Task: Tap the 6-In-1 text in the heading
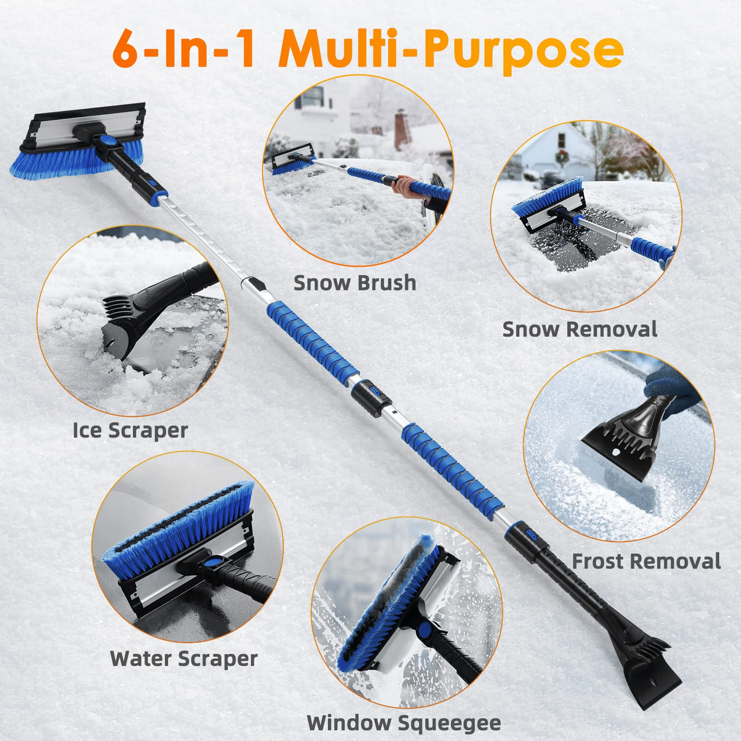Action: (184, 49)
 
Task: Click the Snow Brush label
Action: (355, 283)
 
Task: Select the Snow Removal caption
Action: (580, 329)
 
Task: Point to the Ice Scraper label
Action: (130, 430)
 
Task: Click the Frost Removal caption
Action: (646, 561)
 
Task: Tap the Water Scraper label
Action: (184, 659)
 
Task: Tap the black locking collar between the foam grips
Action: (370, 397)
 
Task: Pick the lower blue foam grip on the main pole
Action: (452, 471)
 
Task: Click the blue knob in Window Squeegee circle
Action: (424, 631)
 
